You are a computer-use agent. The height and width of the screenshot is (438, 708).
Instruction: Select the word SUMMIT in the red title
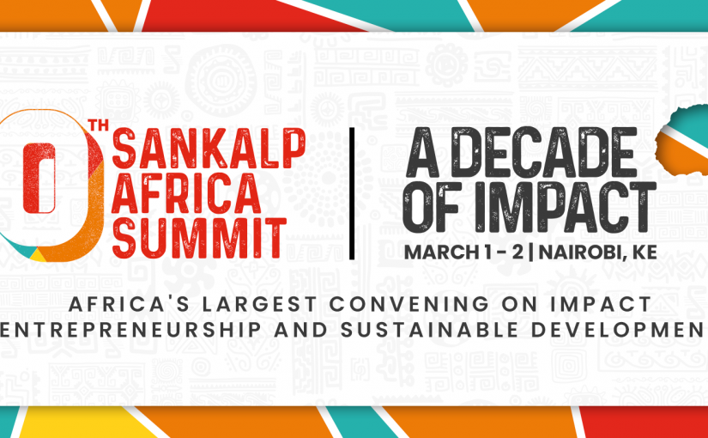tap(199, 238)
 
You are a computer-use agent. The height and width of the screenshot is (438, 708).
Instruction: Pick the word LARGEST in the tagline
tap(259, 304)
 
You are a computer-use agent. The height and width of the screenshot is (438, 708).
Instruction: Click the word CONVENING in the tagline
tap(408, 304)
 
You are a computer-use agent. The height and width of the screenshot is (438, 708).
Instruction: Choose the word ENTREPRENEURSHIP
tap(130, 331)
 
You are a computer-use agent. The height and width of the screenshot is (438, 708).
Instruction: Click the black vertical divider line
tap(352, 194)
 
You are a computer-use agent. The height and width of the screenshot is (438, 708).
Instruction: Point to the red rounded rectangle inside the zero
tap(39, 178)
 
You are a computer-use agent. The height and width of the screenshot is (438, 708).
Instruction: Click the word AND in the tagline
tap(301, 331)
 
